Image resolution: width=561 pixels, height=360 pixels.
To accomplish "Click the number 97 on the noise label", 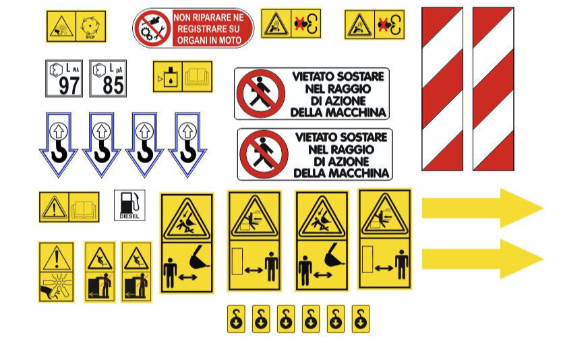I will [x=69, y=86].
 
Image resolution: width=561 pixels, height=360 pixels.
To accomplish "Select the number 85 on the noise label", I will [x=113, y=86].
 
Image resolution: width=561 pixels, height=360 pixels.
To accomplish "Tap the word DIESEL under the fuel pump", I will [x=129, y=216].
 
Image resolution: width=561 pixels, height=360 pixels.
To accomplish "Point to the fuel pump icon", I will [x=130, y=202].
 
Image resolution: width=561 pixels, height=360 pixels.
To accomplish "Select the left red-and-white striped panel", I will [x=442, y=88].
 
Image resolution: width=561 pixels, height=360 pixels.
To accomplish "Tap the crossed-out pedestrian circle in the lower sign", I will [x=264, y=154].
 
